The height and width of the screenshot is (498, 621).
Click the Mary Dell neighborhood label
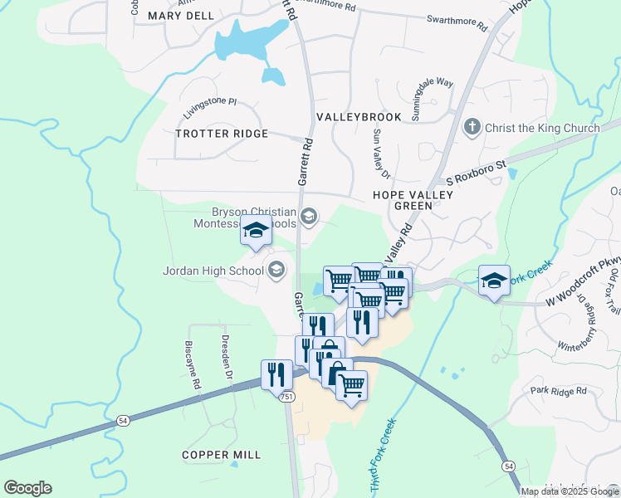click(x=180, y=16)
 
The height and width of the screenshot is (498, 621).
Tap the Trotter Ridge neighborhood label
click(x=222, y=134)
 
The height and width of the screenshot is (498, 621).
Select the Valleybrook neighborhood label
click(x=359, y=117)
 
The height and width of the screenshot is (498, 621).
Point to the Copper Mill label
click(x=222, y=455)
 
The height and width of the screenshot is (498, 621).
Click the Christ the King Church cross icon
click(x=472, y=127)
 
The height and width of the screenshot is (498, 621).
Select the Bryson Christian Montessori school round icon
click(x=309, y=217)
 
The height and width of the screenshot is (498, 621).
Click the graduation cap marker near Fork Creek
click(x=494, y=281)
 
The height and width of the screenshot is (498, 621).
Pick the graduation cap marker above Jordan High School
click(x=256, y=230)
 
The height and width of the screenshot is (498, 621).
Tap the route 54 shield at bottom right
click(x=507, y=467)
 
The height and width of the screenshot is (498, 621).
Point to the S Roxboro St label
click(x=476, y=173)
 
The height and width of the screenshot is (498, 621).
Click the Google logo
click(x=27, y=488)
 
